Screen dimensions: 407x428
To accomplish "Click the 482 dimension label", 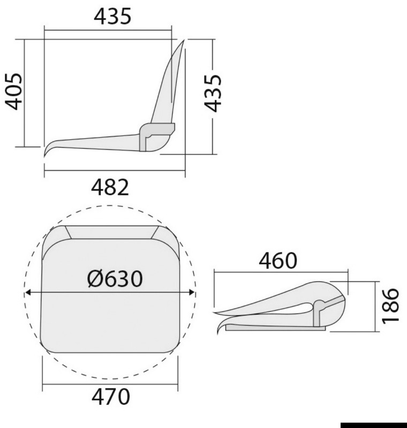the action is [x=110, y=187].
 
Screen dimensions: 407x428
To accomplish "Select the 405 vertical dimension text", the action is [x=14, y=91].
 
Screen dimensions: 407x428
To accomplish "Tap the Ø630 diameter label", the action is [x=115, y=278].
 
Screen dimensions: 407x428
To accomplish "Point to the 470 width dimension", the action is [x=111, y=396].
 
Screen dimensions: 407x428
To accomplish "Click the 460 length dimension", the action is [x=277, y=261].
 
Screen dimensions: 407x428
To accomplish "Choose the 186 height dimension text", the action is [x=390, y=305].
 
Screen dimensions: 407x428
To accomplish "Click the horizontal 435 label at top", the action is [x=112, y=16].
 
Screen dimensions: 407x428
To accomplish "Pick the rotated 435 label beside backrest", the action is [x=213, y=93].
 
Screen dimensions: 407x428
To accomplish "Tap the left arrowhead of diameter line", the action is [x=27, y=293].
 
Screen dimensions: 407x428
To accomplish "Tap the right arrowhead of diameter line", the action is [x=192, y=293].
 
